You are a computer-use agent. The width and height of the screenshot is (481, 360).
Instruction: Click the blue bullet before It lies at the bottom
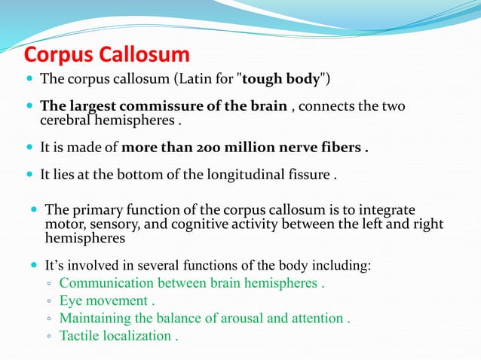29,176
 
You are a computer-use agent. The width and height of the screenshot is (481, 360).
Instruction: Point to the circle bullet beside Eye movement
47,302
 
